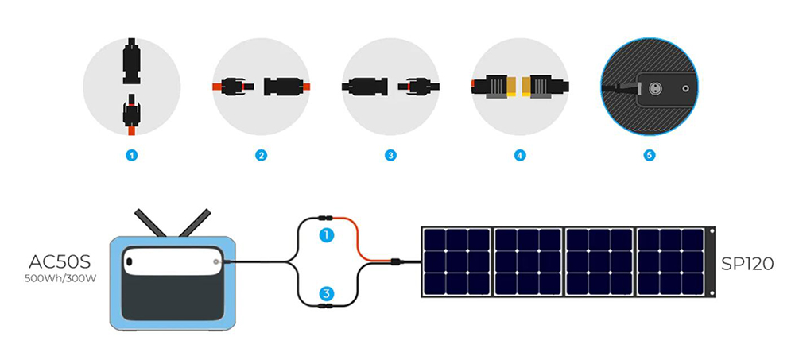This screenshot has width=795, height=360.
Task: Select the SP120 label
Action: pos(748,263)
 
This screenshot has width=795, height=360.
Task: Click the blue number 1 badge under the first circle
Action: pos(132,156)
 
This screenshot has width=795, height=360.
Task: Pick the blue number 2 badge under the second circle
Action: pos(261,156)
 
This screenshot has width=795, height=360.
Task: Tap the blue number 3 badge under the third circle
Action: pos(390,156)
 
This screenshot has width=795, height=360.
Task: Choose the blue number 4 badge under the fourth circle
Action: pos(520,156)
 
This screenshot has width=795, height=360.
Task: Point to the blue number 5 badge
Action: pos(650,156)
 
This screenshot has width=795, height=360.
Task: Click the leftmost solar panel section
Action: pos(456,263)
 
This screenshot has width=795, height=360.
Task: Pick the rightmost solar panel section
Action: pos(669,263)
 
